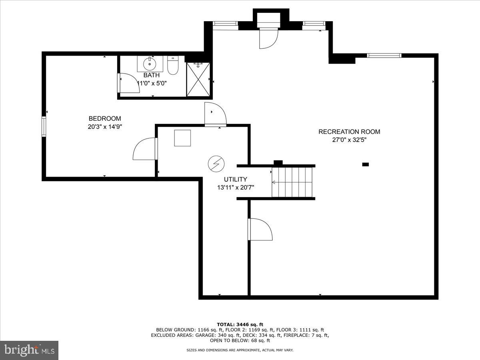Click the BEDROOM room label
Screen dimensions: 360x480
(x=104, y=118)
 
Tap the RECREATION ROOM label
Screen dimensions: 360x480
(x=349, y=132)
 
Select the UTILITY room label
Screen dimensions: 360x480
(x=235, y=179)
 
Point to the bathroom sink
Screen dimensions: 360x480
(x=150, y=63)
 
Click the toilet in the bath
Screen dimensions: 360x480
(x=173, y=66)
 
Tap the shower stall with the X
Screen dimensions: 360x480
(x=198, y=79)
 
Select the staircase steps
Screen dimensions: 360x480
(x=292, y=182)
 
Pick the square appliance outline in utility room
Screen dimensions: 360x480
(x=182, y=138)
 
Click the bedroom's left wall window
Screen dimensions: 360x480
(x=44, y=126)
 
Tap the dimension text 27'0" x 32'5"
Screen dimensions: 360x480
(x=349, y=140)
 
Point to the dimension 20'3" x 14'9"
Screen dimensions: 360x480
(x=104, y=127)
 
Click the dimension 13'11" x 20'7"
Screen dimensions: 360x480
(x=235, y=187)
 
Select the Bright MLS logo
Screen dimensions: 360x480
(x=29, y=350)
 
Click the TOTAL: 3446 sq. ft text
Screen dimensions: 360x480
(x=240, y=324)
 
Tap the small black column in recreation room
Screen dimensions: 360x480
(x=365, y=164)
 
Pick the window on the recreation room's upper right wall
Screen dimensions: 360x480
(x=384, y=56)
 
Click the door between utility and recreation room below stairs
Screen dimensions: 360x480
(x=260, y=229)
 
